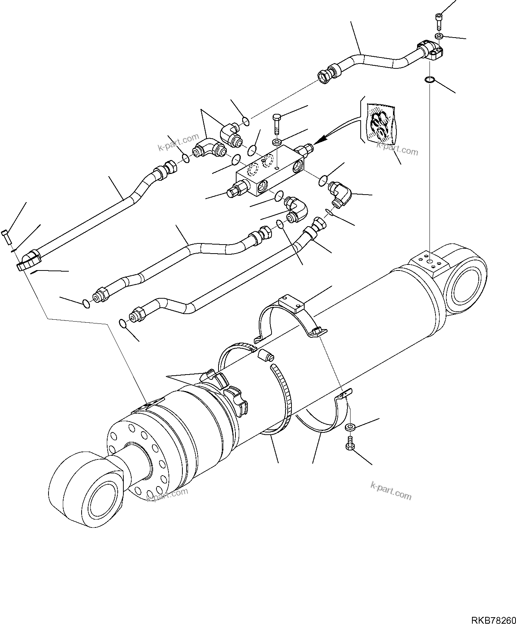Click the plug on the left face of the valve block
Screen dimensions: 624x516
pyautogui.click(x=235, y=190)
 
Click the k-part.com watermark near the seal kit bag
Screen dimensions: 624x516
pyautogui.click(x=397, y=149)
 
